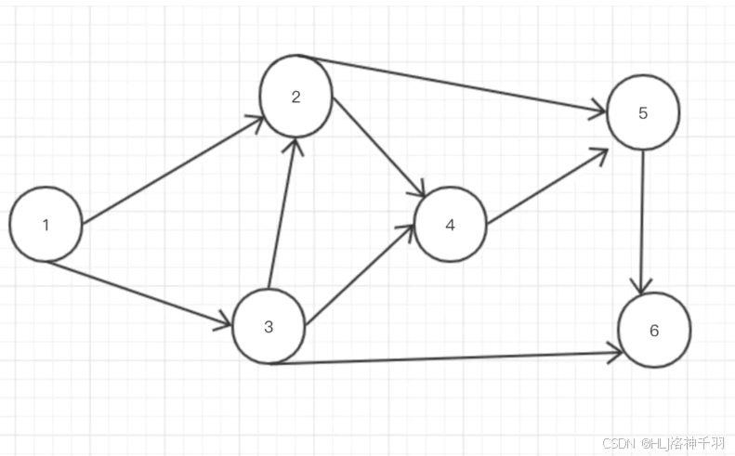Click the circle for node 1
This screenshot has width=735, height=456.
[x=46, y=224]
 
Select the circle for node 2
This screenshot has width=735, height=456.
[x=296, y=97]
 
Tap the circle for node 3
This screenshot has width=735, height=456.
[x=269, y=327]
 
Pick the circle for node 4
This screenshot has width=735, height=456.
[x=451, y=226]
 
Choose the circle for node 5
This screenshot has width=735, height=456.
[x=643, y=113]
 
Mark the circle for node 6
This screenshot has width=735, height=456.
[x=654, y=331]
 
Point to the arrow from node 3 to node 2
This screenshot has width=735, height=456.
[x=282, y=214]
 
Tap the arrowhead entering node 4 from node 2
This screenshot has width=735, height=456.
[x=417, y=189]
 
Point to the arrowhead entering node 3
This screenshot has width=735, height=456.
[x=223, y=323]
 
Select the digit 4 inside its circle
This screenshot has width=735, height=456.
[x=451, y=226]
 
